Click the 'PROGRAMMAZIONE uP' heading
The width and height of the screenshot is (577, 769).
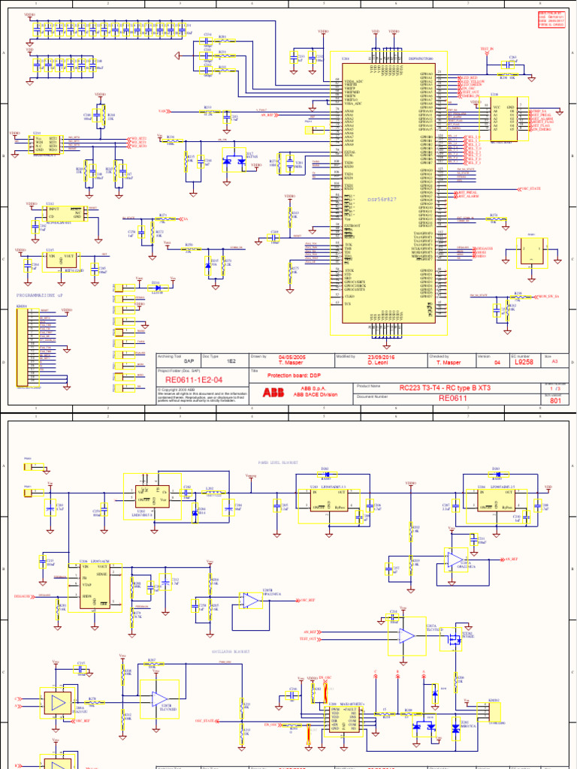(46, 296)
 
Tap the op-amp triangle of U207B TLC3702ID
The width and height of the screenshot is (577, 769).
(406, 635)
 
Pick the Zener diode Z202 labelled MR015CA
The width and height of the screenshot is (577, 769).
(454, 727)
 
